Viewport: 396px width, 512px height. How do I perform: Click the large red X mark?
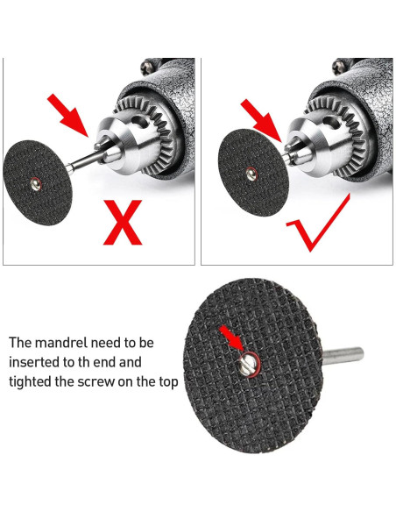123,223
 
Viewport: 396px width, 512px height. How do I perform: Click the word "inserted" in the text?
35,361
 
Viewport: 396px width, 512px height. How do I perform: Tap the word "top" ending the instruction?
167,382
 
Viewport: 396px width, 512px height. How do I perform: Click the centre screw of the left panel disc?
35,183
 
